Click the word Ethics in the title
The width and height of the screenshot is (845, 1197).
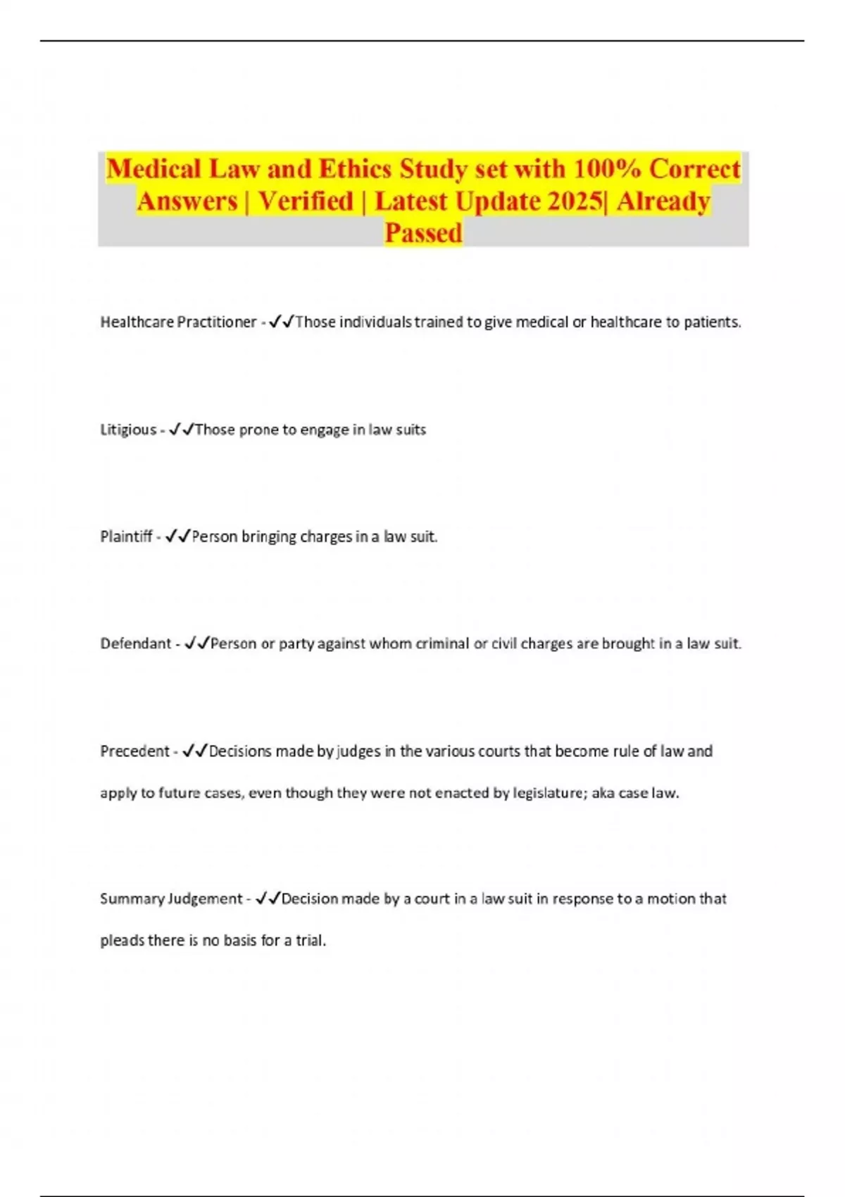tap(356, 169)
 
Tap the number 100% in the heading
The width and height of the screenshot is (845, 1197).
tap(606, 169)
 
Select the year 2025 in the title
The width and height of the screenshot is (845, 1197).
tap(575, 201)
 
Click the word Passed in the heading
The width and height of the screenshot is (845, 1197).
tap(423, 233)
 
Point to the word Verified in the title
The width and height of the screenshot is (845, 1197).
tap(305, 201)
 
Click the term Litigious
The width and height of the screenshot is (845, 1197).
tap(128, 430)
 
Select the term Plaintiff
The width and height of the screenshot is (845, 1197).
tap(126, 537)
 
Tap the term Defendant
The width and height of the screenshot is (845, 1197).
tap(136, 644)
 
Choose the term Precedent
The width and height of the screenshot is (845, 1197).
tap(134, 751)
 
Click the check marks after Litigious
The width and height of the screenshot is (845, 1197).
tap(181, 429)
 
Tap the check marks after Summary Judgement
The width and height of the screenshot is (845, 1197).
tap(268, 898)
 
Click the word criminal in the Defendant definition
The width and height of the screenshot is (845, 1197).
tap(442, 644)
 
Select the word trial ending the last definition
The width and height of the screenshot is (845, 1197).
tap(311, 941)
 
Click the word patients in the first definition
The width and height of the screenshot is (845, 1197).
tap(712, 322)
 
